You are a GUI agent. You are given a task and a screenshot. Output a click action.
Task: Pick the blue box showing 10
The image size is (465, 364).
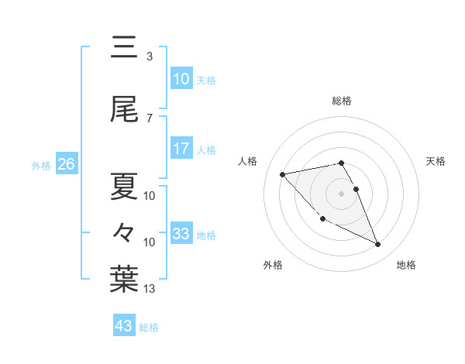click(181, 79)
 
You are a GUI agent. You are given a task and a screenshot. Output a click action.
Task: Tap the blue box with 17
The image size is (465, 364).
click(181, 149)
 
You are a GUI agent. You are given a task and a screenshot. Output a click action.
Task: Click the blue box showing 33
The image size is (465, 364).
click(181, 233)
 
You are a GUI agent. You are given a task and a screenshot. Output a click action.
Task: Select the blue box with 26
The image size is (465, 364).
click(66, 164)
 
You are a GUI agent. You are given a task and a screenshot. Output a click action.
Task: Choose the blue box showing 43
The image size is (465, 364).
click(124, 326)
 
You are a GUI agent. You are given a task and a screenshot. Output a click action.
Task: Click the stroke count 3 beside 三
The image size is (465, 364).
click(150, 57)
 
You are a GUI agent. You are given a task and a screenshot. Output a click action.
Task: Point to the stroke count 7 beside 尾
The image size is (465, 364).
click(150, 118)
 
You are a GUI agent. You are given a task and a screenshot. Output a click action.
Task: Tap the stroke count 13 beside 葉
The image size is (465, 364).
click(150, 289)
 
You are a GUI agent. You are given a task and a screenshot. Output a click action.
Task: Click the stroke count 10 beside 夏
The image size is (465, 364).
click(150, 196)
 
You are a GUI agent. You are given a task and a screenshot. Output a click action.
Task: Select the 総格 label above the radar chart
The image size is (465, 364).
click(342, 101)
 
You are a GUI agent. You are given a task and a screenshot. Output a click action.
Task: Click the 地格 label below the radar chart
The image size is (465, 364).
click(406, 265)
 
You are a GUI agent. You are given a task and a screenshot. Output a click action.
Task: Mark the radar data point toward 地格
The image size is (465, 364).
click(378, 245)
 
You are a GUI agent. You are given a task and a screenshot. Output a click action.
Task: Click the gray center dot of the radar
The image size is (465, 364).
click(342, 193)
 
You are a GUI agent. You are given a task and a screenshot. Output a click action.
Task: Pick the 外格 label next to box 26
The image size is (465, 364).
click(41, 165)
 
